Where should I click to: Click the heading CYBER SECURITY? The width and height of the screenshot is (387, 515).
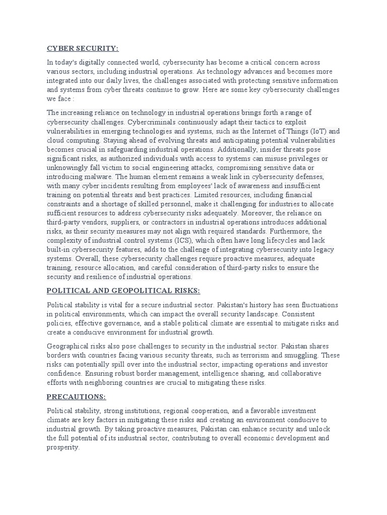[x=83, y=48]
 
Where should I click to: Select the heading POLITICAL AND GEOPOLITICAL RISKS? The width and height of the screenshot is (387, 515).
[x=123, y=291]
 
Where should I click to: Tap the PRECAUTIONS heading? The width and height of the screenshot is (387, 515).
[x=76, y=397]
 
